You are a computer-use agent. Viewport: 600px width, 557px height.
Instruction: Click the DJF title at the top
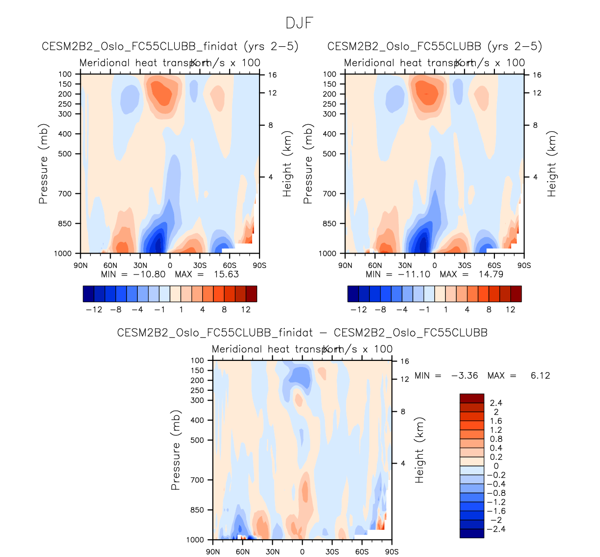point(299,23)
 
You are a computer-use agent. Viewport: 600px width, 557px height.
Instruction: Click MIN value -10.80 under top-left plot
point(149,275)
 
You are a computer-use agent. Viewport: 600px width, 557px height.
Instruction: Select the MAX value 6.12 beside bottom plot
point(540,375)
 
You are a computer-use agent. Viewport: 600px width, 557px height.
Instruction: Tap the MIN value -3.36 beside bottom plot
point(464,375)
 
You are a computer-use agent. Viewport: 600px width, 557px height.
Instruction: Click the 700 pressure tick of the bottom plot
point(198,480)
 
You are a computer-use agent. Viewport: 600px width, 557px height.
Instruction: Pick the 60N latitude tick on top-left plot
point(110,266)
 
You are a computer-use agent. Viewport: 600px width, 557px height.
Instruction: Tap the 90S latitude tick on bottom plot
point(392,552)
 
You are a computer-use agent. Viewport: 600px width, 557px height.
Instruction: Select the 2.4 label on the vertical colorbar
point(496,402)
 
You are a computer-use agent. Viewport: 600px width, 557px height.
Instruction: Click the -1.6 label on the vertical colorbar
point(496,511)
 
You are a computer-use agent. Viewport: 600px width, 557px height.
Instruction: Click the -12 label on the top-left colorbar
point(94,310)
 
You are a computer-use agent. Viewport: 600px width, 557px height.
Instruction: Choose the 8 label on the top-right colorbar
point(489,310)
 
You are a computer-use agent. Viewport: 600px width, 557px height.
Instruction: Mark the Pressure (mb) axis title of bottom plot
point(176,450)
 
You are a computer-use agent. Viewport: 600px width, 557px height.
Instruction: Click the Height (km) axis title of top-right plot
point(552,163)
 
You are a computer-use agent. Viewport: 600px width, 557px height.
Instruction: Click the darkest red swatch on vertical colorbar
point(472,398)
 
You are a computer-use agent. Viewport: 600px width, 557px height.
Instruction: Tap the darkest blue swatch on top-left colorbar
point(88,294)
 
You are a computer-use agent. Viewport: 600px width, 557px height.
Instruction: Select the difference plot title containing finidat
point(302,333)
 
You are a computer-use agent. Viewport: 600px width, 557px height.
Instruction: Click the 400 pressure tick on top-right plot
point(330,134)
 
